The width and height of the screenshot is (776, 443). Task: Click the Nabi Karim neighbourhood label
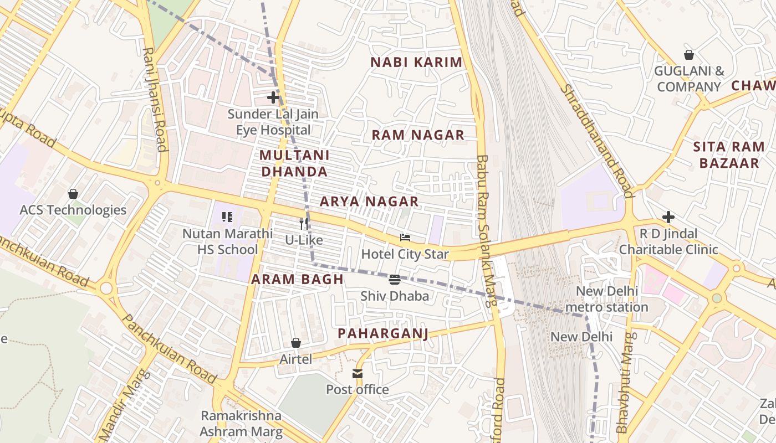[416, 62]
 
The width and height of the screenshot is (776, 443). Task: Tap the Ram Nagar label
[417, 135]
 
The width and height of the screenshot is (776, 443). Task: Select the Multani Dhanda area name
[294, 163]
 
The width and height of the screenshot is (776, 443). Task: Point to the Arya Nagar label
[369, 202]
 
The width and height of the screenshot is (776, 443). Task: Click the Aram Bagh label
[298, 279]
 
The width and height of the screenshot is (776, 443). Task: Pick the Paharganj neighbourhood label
[383, 333]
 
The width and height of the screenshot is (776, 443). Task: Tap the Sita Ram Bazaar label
[728, 155]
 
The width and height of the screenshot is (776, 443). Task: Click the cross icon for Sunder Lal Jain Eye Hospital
[273, 97]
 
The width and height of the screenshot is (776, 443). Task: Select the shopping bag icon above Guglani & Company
[689, 55]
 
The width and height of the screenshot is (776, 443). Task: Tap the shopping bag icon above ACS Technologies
[73, 194]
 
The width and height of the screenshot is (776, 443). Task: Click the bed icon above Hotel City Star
[405, 238]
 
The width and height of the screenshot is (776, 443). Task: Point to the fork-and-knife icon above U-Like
[304, 224]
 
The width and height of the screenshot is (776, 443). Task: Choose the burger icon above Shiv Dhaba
[395, 280]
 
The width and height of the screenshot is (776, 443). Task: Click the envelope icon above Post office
[358, 374]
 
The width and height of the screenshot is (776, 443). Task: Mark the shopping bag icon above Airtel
[296, 343]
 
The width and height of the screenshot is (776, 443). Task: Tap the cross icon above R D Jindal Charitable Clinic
[668, 217]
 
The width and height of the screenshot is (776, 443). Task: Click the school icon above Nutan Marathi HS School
[227, 217]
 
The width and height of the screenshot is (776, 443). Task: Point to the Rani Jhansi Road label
[155, 100]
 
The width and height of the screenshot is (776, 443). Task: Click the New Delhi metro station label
[607, 299]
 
